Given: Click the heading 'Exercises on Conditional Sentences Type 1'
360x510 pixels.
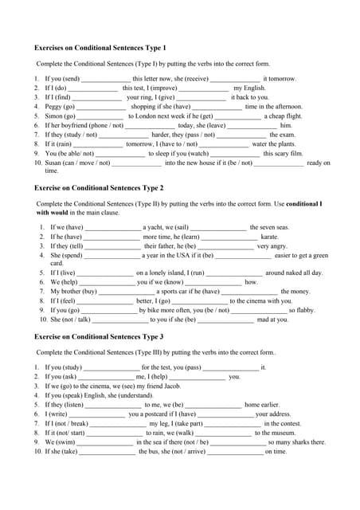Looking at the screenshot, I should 100,48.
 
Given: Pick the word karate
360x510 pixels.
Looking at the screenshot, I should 271,237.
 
